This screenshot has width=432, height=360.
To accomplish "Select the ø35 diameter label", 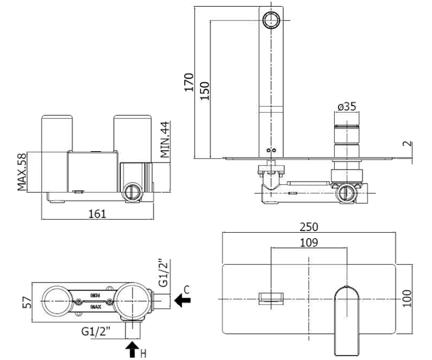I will tap(346, 107).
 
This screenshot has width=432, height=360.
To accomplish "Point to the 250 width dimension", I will tap(310, 227).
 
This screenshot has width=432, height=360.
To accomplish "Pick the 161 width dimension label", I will tap(97, 213).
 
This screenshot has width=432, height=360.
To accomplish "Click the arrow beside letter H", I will tap(132, 350).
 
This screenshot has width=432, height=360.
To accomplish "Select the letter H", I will tap(143, 353).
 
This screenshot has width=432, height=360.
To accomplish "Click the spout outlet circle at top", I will tap(272, 19).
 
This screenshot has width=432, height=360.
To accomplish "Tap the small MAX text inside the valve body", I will tap(95, 306).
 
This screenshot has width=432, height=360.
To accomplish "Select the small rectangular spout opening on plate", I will tap(271, 298).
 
